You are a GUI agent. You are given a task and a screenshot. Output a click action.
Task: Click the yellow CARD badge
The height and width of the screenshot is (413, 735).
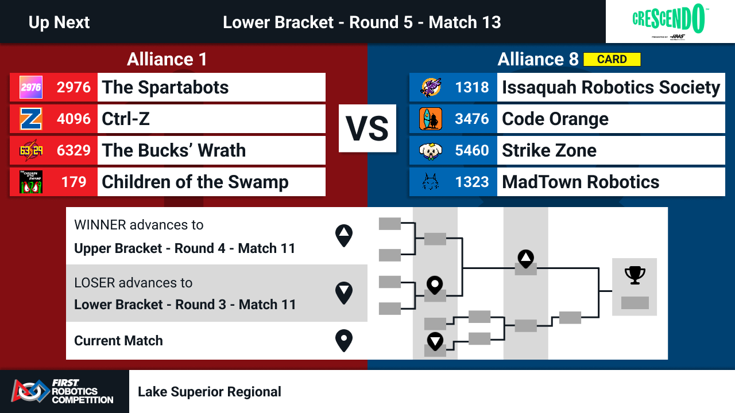pos(612,59)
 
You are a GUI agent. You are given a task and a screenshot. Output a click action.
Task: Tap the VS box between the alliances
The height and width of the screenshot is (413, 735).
pos(367,128)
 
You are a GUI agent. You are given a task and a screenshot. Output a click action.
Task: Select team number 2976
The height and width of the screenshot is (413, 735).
pos(73,87)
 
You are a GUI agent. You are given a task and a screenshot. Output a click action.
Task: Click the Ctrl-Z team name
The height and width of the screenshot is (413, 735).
pos(126,119)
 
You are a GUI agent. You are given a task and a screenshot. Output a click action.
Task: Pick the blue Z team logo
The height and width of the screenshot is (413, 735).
pos(31,119)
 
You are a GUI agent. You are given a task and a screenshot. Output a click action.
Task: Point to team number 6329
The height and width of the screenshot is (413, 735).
pos(73,150)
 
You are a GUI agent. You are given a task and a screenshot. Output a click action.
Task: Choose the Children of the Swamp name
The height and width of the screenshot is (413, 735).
pos(195,182)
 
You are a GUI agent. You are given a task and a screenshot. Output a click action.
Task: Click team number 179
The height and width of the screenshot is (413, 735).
pos(74,182)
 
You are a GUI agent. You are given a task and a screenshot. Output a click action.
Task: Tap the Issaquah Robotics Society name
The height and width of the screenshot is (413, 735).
pos(611,88)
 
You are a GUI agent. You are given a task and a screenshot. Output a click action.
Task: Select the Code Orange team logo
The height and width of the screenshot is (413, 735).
pos(431,119)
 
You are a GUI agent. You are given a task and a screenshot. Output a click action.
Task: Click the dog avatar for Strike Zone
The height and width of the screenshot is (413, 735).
pos(431,150)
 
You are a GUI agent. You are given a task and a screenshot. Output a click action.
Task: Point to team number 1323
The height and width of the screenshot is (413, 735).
pos(472,182)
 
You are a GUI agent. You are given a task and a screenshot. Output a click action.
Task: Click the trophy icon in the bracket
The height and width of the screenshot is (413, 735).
pos(635,275)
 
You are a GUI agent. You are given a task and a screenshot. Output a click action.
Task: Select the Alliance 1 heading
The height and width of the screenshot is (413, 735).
pos(167,59)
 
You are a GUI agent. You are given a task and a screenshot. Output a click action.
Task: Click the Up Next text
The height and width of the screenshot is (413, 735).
pos(59,22)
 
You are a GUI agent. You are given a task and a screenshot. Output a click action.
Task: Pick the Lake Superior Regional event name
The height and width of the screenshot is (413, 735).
pos(210,392)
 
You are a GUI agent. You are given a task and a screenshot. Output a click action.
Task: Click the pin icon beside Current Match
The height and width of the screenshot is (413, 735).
pos(344,341)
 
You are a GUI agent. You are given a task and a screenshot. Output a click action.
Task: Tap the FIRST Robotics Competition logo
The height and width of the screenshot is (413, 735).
pos(63,391)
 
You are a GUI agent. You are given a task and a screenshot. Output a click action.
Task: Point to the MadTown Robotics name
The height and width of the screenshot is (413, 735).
pos(581,182)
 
